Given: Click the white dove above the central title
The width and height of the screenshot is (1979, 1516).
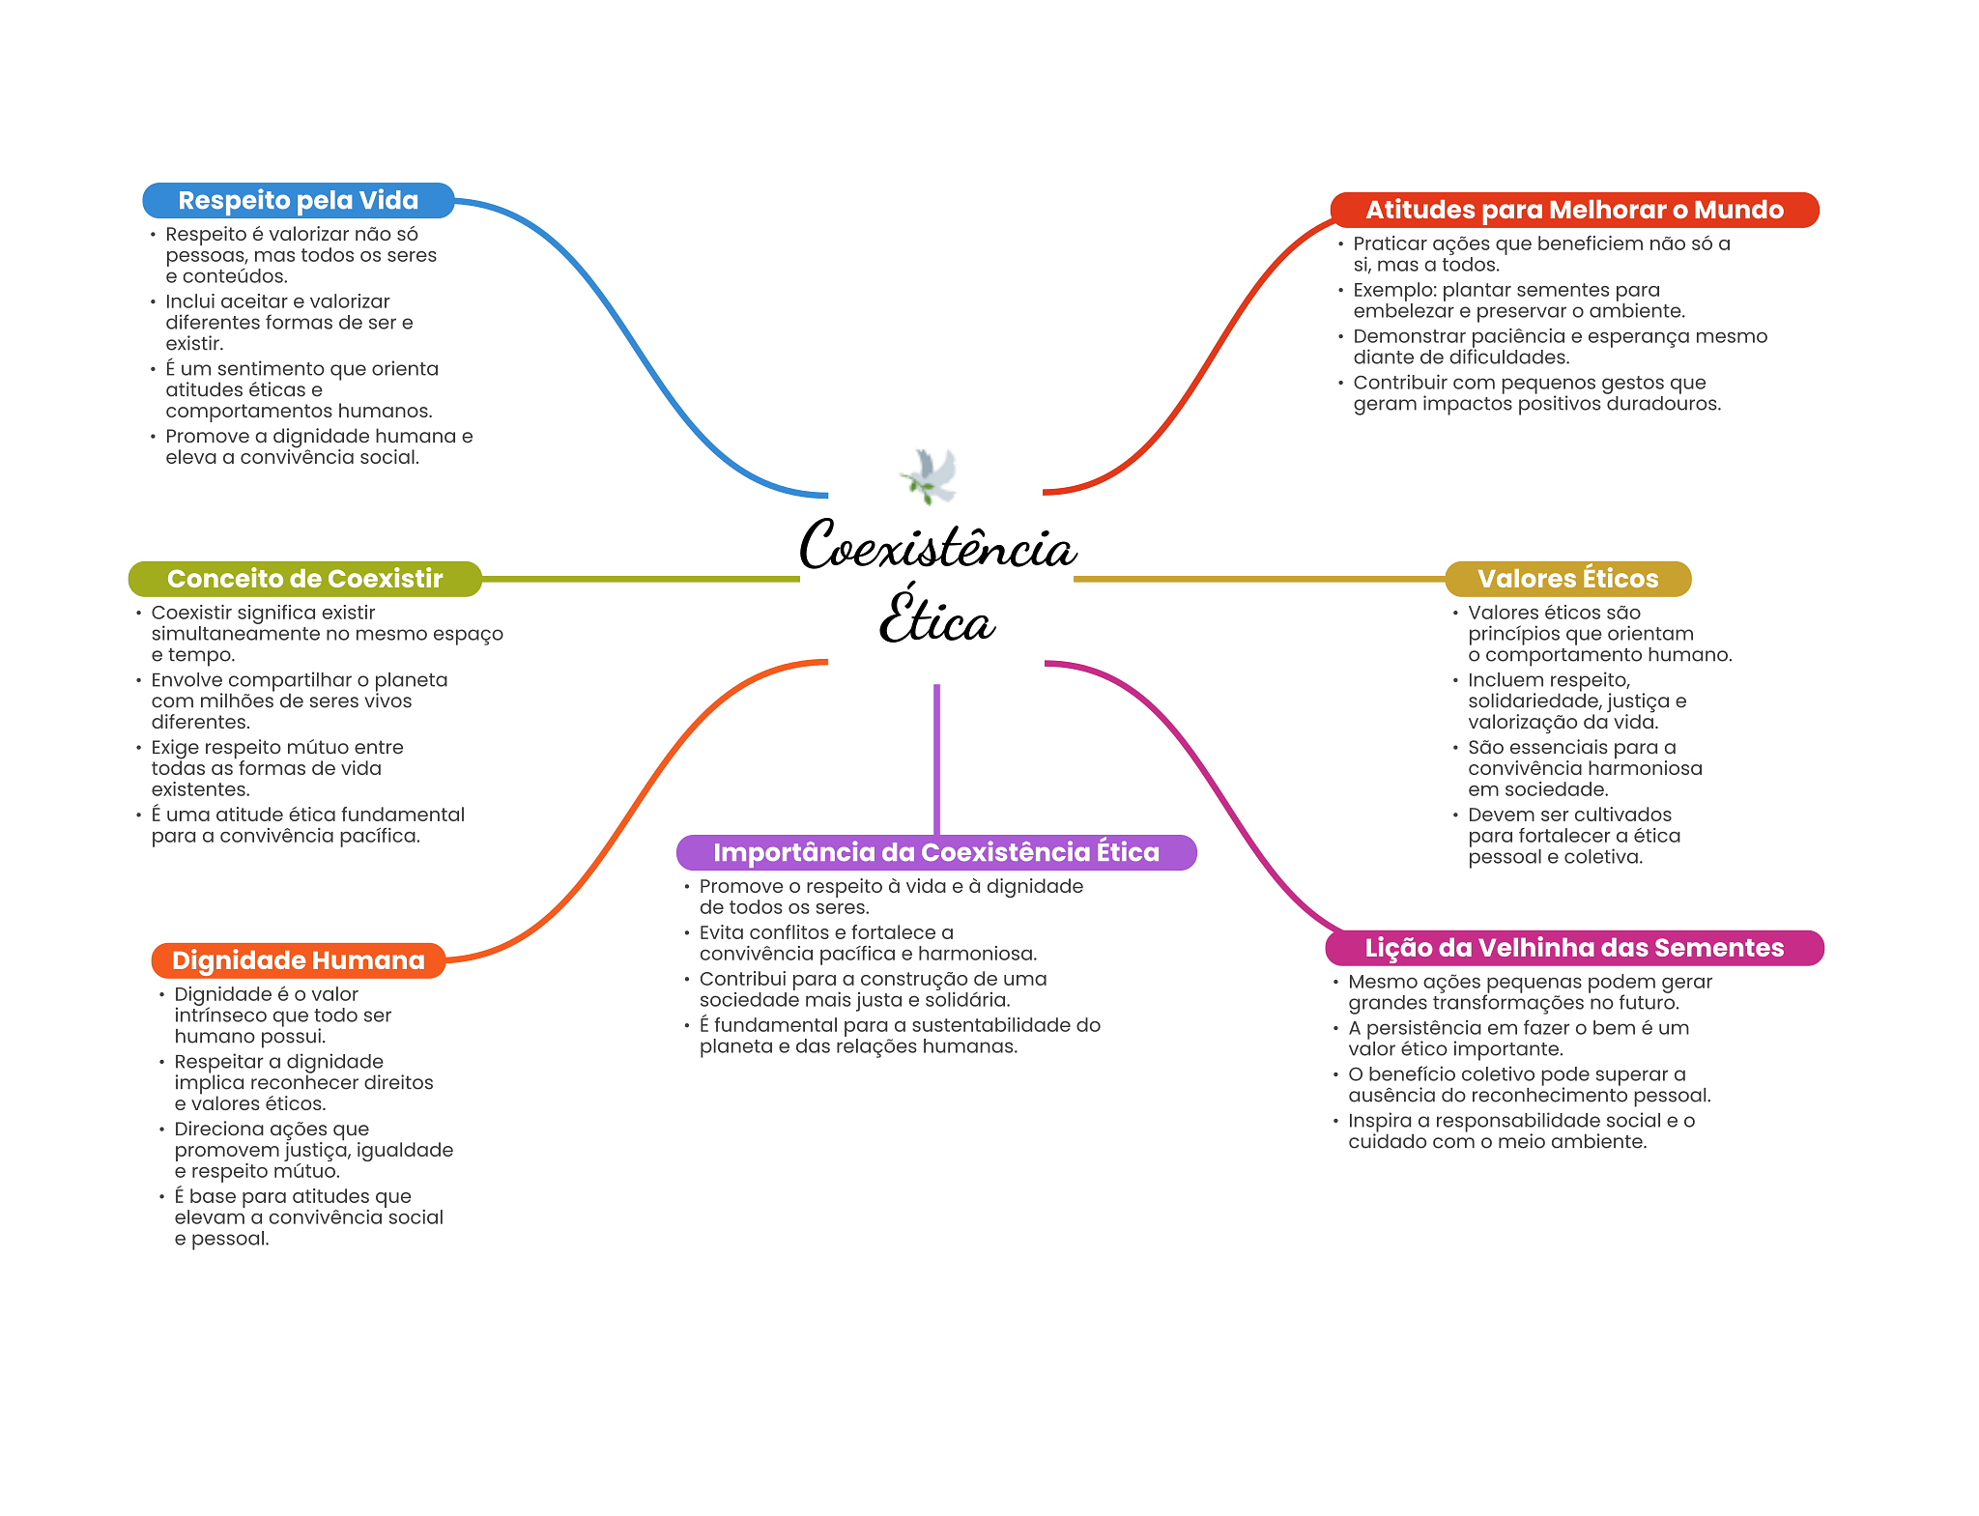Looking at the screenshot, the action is [930, 475].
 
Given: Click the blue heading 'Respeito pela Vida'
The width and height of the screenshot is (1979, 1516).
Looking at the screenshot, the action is [299, 200].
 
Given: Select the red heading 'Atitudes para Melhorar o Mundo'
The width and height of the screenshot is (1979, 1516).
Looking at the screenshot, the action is [1574, 210].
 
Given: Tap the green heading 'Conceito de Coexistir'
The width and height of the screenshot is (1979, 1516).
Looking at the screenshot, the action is [304, 579].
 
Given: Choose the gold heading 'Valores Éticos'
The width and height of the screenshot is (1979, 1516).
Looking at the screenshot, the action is [1567, 579].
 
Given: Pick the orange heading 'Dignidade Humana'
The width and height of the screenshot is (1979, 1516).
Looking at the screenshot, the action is [299, 960].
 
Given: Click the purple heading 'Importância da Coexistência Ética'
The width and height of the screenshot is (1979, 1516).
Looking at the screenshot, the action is [936, 852].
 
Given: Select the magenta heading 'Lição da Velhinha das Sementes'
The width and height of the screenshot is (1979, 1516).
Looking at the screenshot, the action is [1574, 948].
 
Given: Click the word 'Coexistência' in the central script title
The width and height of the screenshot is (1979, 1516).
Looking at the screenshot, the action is [937, 545].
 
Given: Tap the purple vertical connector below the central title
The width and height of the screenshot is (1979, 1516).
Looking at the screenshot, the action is [936, 759].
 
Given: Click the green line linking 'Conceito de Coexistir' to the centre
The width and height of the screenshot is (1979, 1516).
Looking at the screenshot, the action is [641, 579].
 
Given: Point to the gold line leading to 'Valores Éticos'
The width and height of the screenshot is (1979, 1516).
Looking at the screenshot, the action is [1259, 579].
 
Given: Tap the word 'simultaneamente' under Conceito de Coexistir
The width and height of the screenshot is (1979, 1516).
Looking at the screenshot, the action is [224, 634].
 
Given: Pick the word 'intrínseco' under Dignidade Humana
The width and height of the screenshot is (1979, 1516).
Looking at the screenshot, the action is [221, 1015].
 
